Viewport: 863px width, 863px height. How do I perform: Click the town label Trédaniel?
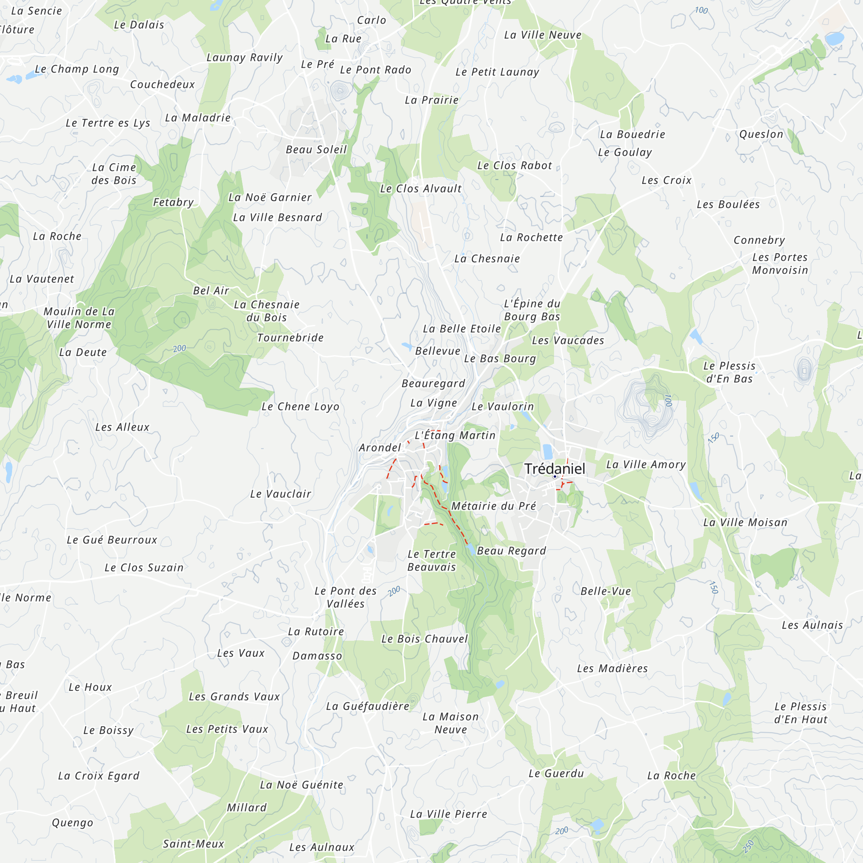554,469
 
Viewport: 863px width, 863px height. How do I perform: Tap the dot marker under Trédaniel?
555,477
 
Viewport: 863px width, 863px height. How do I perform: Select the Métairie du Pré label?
493,506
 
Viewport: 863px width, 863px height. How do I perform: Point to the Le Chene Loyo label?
300,406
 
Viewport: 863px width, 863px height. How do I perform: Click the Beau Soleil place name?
316,150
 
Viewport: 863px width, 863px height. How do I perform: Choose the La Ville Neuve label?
543,35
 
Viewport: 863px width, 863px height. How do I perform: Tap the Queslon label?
761,134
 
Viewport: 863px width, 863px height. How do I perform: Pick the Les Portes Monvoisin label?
780,264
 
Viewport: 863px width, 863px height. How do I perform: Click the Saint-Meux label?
193,844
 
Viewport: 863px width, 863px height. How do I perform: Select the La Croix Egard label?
99,776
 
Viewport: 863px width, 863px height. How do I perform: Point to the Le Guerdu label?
556,773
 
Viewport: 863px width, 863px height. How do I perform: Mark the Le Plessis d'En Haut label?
800,713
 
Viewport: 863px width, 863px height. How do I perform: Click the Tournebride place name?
290,338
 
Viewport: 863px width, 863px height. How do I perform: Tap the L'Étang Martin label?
455,435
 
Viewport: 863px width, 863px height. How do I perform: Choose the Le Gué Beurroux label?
112,540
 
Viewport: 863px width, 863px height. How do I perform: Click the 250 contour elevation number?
749,846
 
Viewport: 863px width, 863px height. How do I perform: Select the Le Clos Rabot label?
515,165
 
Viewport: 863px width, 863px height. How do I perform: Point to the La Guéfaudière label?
368,706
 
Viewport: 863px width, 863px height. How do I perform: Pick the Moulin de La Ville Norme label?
79,318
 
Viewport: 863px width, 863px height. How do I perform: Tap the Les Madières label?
612,668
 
